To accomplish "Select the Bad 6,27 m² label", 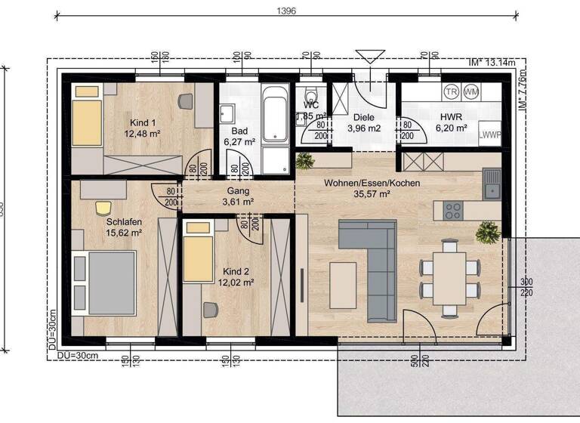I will [x=239, y=136].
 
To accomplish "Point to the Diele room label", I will [x=365, y=122].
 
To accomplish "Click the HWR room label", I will [x=451, y=122].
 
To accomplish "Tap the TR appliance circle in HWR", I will [x=452, y=91].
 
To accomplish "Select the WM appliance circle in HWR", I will [x=471, y=91].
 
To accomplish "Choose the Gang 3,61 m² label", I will [x=238, y=197].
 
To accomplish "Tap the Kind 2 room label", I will [x=236, y=276].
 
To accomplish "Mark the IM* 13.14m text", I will [x=492, y=63].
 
